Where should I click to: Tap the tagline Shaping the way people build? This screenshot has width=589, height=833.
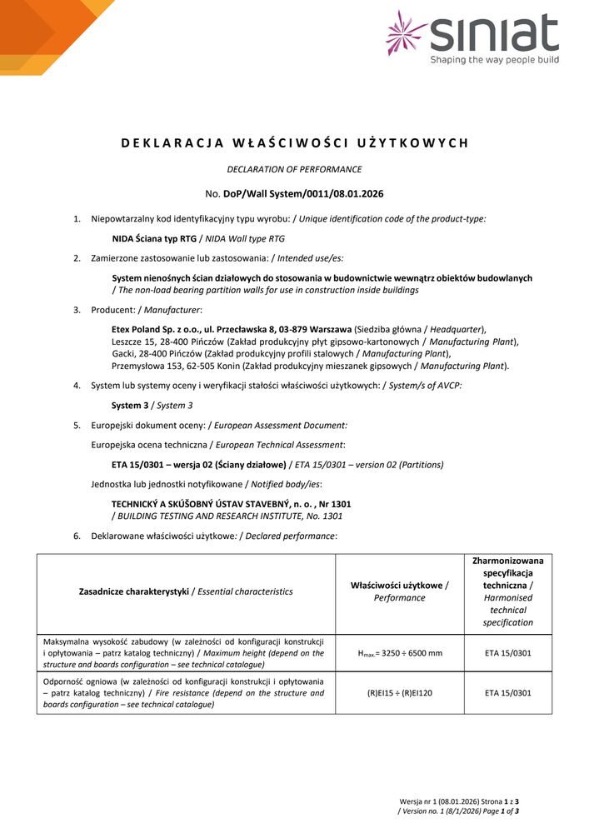(x=494, y=60)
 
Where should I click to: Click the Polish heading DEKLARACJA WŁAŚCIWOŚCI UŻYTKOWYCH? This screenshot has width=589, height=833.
(x=294, y=142)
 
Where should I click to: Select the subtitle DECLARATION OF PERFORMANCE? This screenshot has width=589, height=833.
(x=294, y=169)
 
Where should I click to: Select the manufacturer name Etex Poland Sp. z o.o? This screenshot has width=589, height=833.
(x=157, y=330)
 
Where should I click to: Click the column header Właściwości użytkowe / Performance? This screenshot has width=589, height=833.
(x=399, y=591)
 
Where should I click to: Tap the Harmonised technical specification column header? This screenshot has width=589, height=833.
(x=507, y=591)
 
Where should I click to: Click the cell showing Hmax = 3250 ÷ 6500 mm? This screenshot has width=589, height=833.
(x=400, y=654)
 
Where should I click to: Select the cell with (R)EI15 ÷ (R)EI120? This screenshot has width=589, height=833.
(x=400, y=692)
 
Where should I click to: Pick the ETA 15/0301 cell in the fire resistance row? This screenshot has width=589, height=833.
(x=507, y=692)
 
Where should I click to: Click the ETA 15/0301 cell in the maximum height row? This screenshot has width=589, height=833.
(x=507, y=654)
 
